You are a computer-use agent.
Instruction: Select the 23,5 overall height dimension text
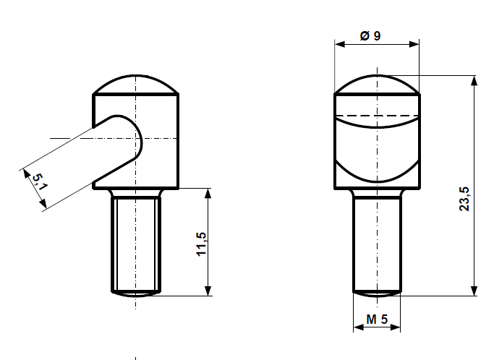pos(464,199)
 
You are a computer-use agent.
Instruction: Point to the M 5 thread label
pos(377,319)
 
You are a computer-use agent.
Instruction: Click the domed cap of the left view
pos(136,84)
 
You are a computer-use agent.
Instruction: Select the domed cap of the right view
pos(377,84)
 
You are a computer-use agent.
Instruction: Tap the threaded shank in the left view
pos(136,242)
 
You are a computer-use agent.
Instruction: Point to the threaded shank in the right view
pos(377,242)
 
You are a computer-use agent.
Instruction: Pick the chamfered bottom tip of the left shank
pos(136,293)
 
